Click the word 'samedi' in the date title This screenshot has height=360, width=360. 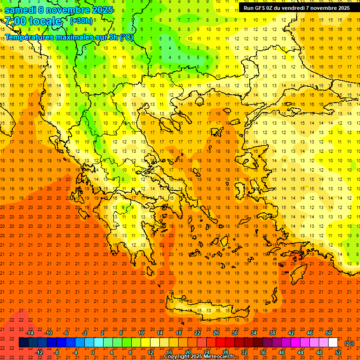click(x=20, y=10)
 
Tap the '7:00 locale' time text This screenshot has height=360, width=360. click(x=33, y=21)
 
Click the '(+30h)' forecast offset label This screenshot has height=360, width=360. click(x=81, y=21)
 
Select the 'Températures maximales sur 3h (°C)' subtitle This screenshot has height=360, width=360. click(x=68, y=37)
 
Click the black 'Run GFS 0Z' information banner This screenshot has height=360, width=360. click(x=296, y=8)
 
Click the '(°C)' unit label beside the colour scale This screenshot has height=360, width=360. click(x=349, y=343)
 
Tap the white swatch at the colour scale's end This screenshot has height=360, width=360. click(x=333, y=343)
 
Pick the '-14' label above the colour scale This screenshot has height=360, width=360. click(x=30, y=333)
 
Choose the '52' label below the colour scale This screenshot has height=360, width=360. click(x=338, y=352)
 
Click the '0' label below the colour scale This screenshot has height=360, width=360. click(x=93, y=352)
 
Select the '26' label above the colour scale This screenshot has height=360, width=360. click(x=216, y=333)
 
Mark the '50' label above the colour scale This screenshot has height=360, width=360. click(x=328, y=333)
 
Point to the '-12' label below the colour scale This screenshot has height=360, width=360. click(x=39, y=352)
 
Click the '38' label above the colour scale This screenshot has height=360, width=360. click(x=272, y=333)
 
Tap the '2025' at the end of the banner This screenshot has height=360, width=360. click(x=344, y=8)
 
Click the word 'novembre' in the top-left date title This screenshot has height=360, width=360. click(x=68, y=10)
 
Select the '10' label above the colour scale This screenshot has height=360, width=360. click(x=141, y=333)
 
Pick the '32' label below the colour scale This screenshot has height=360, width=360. click(x=244, y=352)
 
